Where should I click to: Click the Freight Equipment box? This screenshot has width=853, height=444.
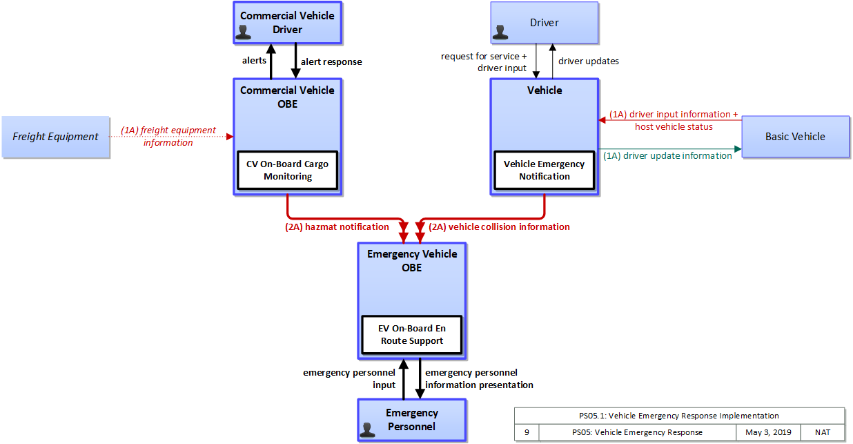[56, 137]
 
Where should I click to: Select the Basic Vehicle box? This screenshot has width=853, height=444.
[795, 137]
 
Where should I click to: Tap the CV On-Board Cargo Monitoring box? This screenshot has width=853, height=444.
[288, 170]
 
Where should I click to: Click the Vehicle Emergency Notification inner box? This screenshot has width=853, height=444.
[545, 170]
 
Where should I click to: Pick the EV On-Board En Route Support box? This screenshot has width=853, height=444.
[411, 335]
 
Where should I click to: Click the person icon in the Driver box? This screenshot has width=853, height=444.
[500, 32]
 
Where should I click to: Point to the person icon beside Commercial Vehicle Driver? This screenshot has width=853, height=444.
[243, 32]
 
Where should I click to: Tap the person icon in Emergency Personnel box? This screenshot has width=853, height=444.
[367, 429]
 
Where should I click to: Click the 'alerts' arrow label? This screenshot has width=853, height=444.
[254, 60]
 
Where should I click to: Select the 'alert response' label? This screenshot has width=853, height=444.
[331, 61]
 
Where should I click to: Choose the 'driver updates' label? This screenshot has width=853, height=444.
[589, 61]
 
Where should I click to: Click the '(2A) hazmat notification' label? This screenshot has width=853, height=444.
[337, 226]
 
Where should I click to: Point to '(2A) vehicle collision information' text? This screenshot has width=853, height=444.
[499, 226]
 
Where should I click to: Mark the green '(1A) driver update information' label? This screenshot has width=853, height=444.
[667, 156]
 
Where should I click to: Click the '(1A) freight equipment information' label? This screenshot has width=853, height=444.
[168, 137]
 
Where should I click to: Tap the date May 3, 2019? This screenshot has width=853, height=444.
[768, 432]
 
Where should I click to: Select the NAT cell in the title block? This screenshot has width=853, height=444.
[823, 432]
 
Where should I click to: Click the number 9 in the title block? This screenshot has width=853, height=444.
[527, 432]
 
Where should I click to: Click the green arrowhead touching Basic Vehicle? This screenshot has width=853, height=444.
[738, 148]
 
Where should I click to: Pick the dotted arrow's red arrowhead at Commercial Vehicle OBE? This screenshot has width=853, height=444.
[230, 137]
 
